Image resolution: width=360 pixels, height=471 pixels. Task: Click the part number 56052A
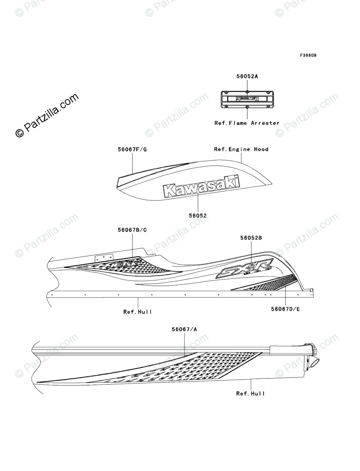coord(247,76)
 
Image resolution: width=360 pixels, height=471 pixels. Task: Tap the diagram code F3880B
coord(308,55)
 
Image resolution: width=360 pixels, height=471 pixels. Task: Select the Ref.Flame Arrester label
coord(247,123)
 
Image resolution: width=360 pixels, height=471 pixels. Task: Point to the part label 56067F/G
coord(132,149)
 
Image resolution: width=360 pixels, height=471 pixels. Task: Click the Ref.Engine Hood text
coord(241,149)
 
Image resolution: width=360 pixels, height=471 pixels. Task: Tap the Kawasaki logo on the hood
coord(201,186)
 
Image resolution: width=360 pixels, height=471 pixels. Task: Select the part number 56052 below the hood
coord(198,216)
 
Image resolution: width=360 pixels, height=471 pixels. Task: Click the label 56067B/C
coord(132,230)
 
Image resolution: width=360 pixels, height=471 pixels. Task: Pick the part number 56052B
coord(251,238)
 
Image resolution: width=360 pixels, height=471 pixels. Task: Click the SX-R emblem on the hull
coord(244,269)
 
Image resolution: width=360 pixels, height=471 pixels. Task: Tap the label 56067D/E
coord(286,309)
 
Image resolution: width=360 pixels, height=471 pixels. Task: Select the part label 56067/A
coord(184,329)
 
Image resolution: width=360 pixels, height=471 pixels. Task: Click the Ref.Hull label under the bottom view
coord(250,393)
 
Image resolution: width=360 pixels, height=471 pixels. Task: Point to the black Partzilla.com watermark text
coord(47,116)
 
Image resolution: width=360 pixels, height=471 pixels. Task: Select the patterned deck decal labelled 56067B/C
coord(121,266)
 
